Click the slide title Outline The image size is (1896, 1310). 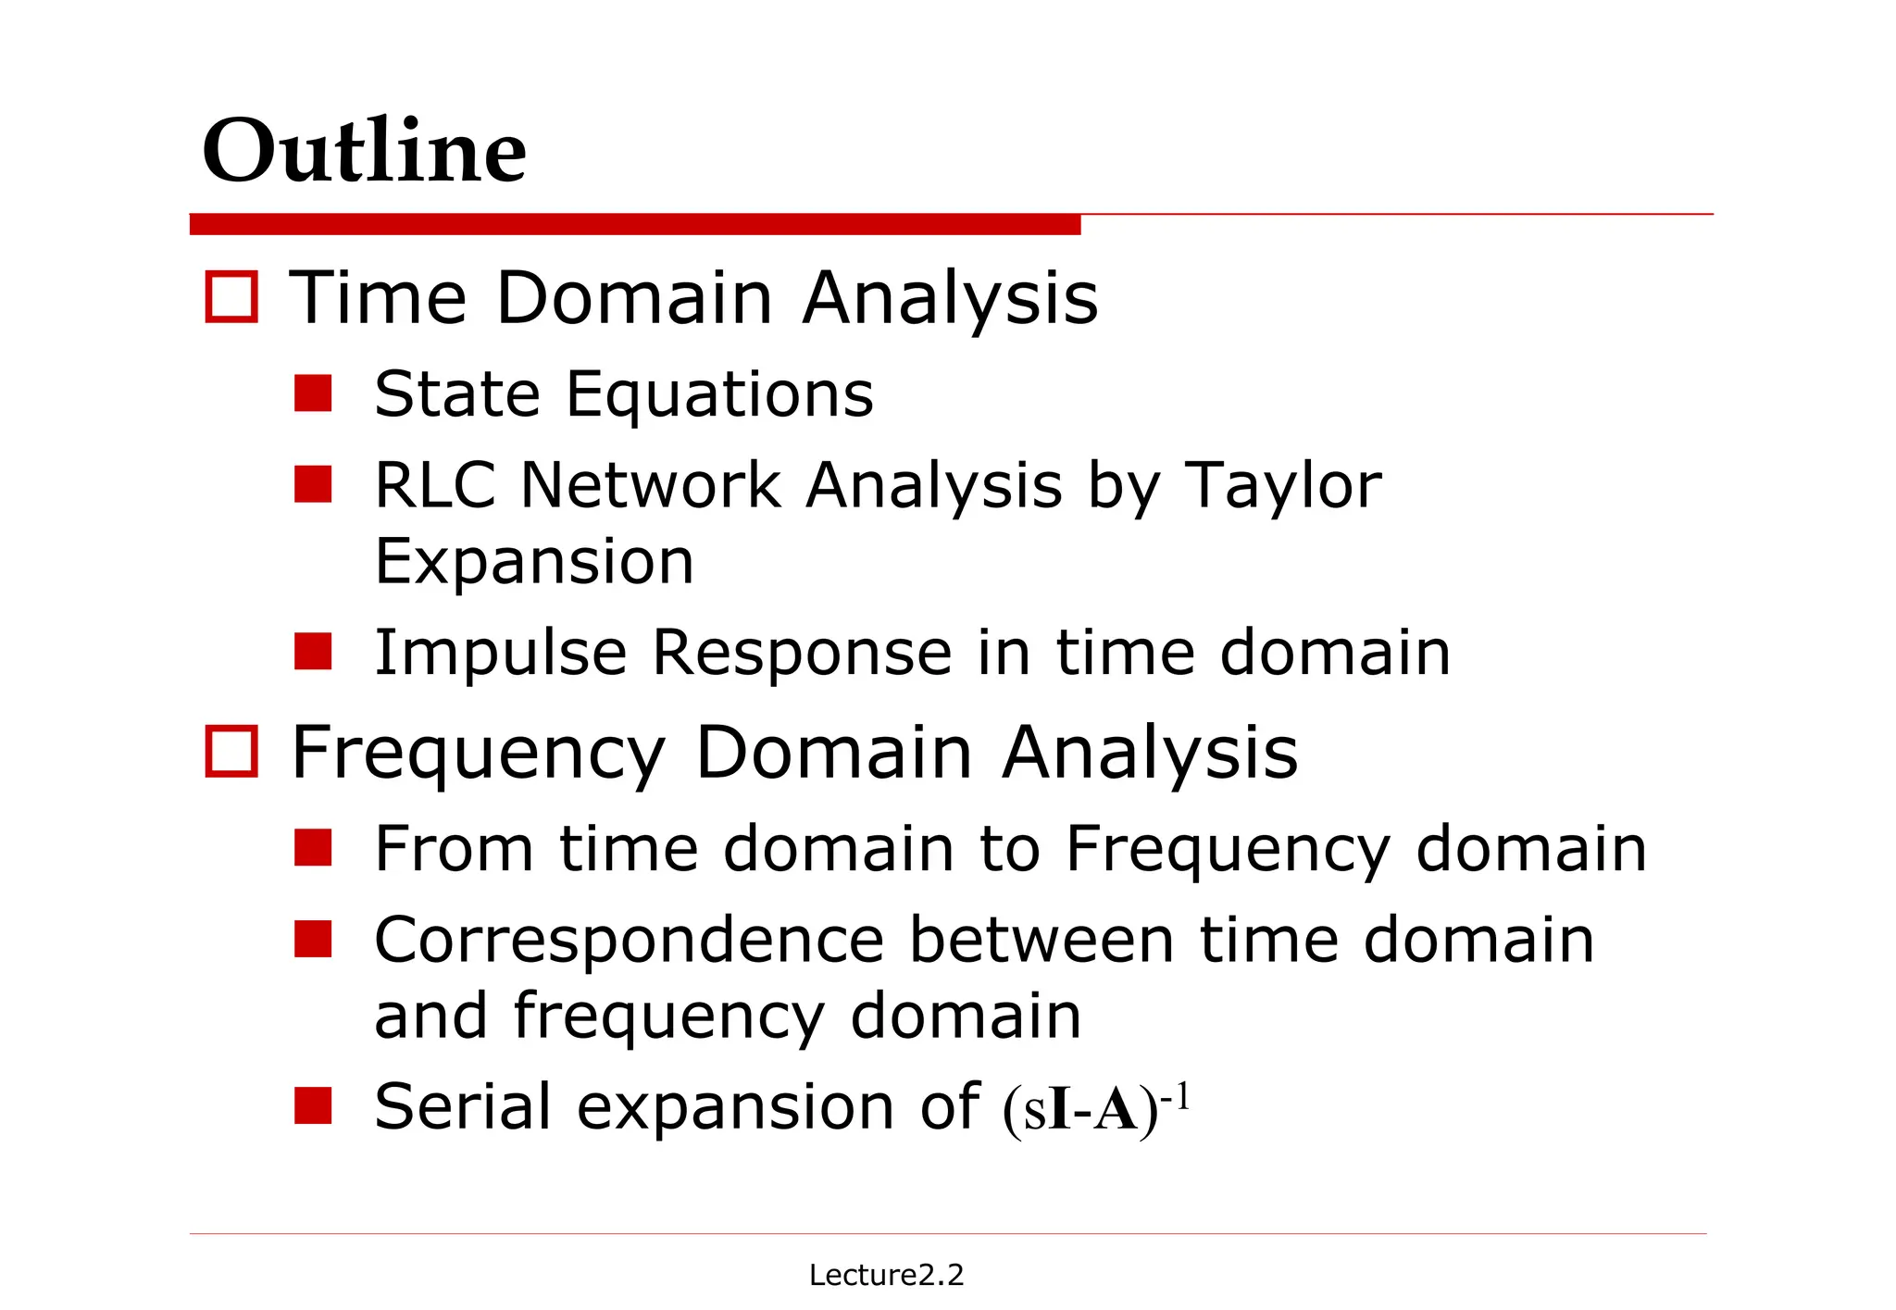point(364,151)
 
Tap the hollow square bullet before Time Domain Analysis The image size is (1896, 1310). point(231,297)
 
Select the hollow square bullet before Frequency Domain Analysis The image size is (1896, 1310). point(231,751)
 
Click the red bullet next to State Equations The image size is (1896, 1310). point(313,393)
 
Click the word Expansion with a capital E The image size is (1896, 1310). point(534,561)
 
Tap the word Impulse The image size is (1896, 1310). point(500,653)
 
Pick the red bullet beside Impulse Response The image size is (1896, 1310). point(313,651)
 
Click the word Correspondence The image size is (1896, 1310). point(630,941)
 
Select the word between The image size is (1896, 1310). point(1042,941)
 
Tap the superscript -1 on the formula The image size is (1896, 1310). point(1175,1097)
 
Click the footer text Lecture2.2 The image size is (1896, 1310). point(886,1275)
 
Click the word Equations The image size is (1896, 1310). point(719,395)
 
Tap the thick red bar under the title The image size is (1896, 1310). point(635,224)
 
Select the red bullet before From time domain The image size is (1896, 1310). point(313,847)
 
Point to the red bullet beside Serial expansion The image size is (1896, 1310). point(313,1105)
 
